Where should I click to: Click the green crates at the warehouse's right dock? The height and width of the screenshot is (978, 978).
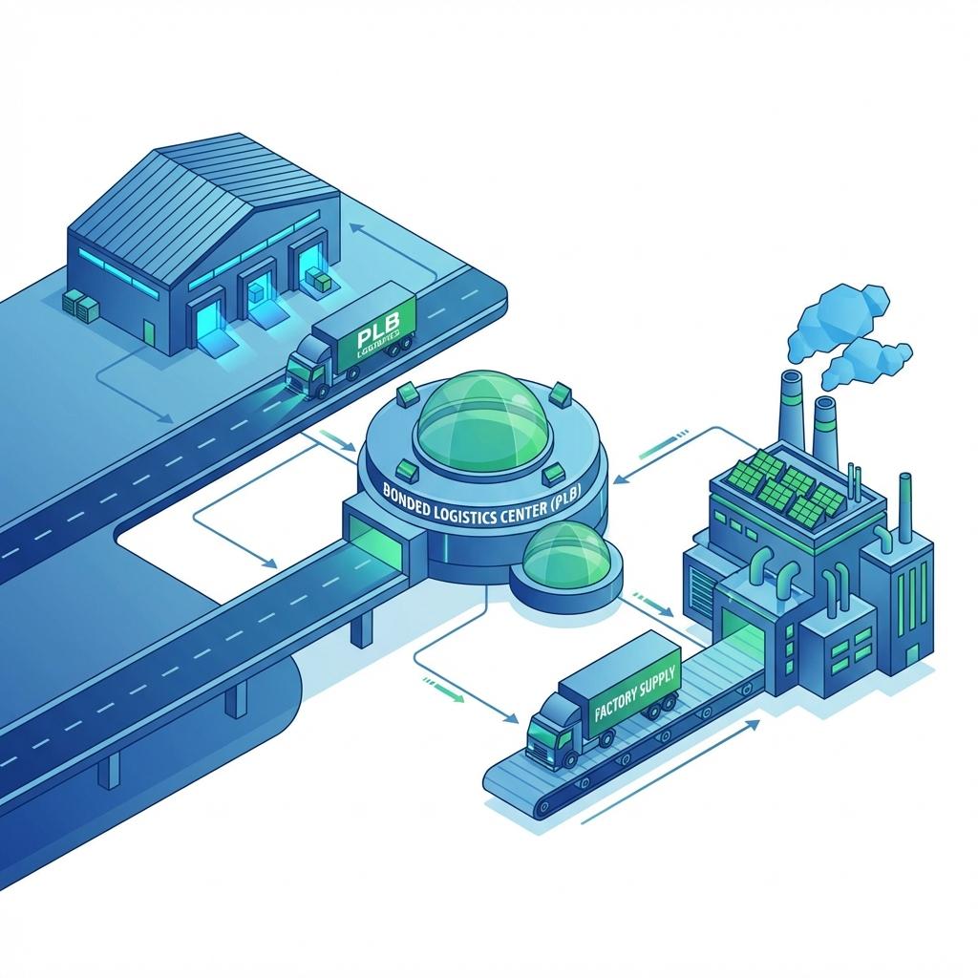[x=319, y=280]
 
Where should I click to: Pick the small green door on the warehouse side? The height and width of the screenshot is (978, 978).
[x=149, y=330]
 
